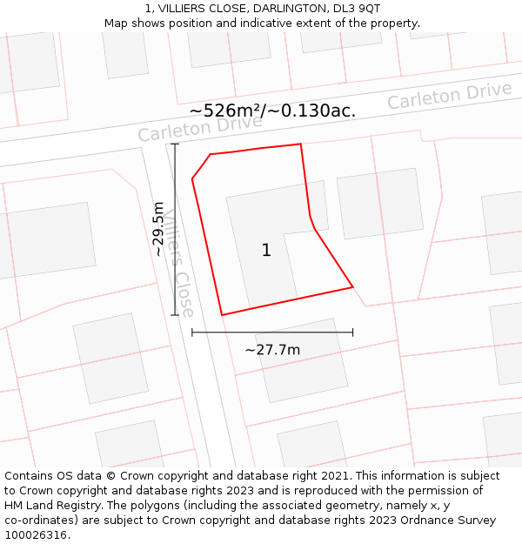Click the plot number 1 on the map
tap(266, 251)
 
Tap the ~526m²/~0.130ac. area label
tap(272, 111)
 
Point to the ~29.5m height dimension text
tap(158, 229)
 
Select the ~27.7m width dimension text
tap(272, 350)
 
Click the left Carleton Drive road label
tap(200, 128)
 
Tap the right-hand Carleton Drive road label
tap(450, 96)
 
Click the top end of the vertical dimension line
tap(176, 144)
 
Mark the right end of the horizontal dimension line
tap(352, 332)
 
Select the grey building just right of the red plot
tap(380, 203)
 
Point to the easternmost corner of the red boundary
tap(352, 286)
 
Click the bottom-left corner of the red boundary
tap(222, 314)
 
